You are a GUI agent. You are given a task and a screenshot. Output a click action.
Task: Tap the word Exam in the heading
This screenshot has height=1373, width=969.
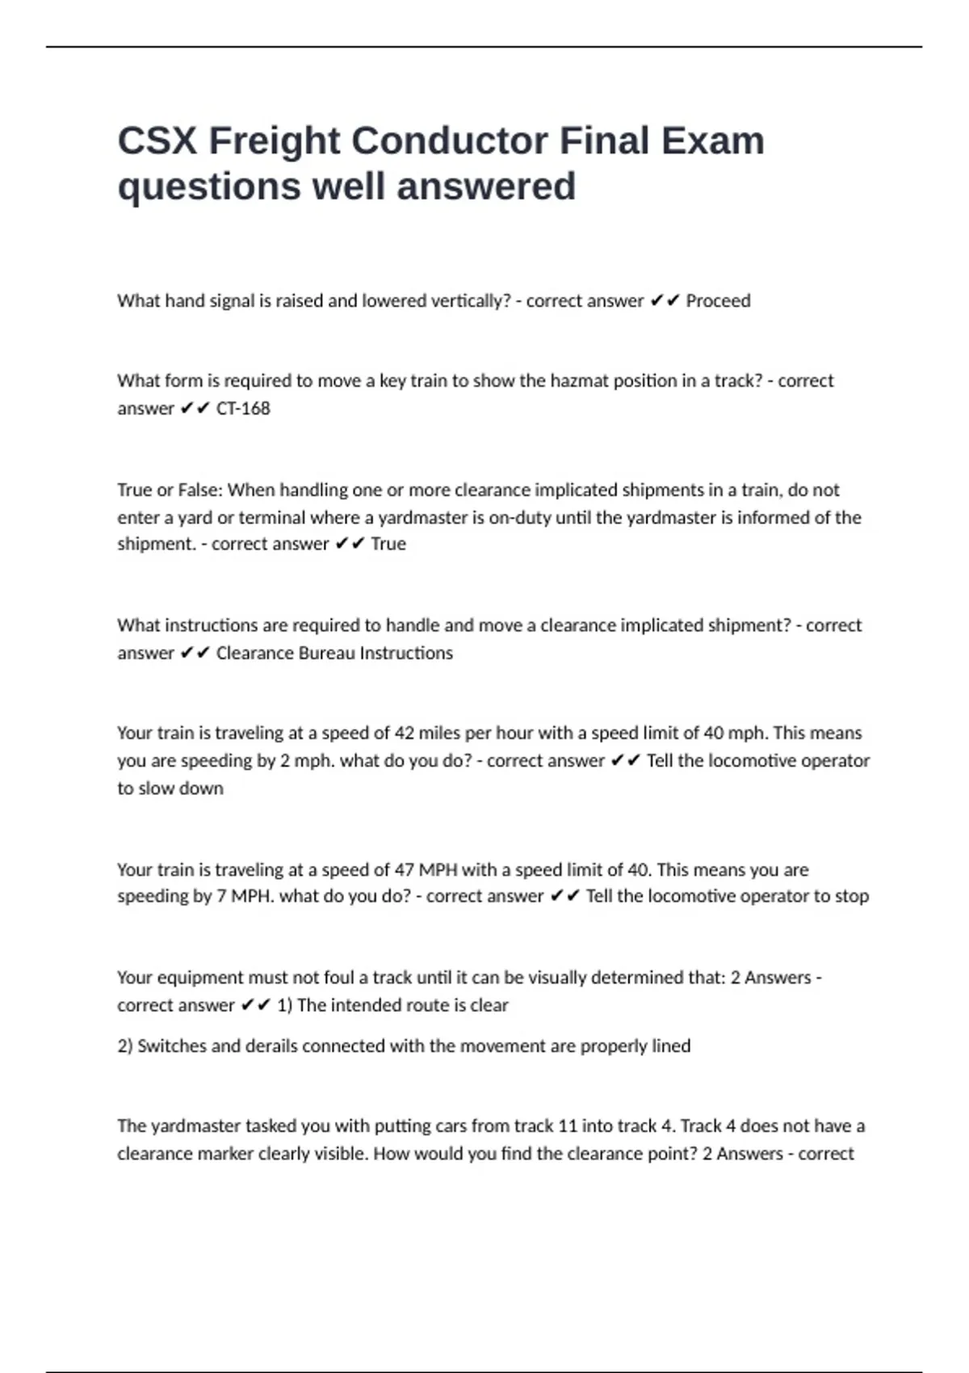click(x=712, y=141)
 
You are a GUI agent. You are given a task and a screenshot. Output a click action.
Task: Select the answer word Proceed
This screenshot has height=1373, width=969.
click(x=718, y=301)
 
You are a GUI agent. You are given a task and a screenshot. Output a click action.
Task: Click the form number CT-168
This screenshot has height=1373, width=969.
click(x=243, y=409)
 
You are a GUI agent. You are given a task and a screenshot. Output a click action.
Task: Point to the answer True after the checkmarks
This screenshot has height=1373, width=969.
click(x=388, y=544)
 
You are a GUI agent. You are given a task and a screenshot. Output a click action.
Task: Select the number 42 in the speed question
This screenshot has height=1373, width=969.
click(x=404, y=733)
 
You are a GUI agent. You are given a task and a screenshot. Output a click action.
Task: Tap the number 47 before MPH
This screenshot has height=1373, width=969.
click(x=404, y=871)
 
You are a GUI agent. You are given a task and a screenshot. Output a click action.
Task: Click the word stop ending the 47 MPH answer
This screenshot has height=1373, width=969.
click(x=852, y=896)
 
